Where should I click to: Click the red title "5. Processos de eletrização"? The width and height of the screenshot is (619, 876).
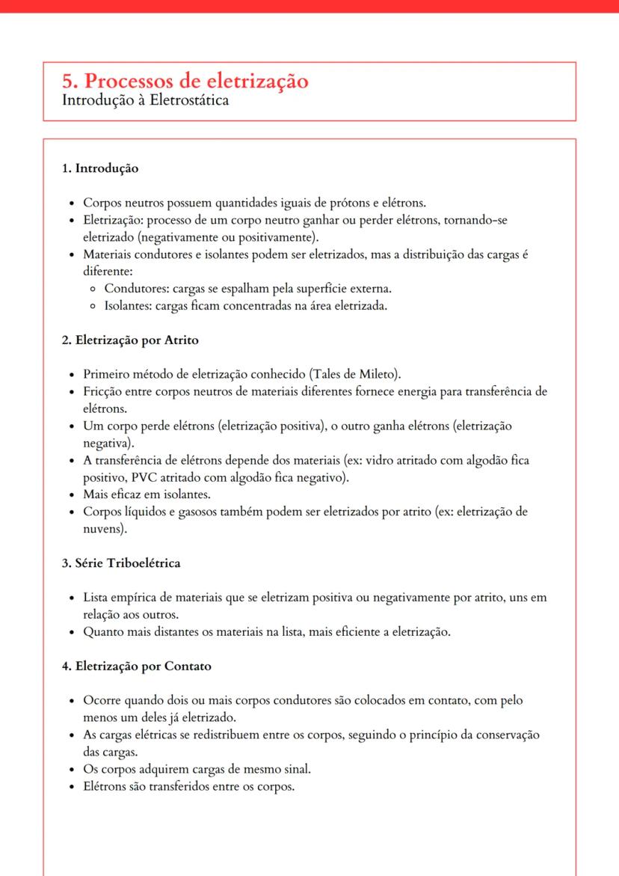186,81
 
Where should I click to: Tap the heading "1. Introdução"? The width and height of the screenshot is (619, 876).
100,168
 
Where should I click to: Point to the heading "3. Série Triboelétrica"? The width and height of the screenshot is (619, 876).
120,563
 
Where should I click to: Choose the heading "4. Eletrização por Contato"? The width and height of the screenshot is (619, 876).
135,667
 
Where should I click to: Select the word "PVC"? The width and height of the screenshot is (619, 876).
96,477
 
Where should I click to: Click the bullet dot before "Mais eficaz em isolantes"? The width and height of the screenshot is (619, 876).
71,495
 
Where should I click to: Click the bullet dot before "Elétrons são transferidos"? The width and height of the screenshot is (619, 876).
71,786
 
